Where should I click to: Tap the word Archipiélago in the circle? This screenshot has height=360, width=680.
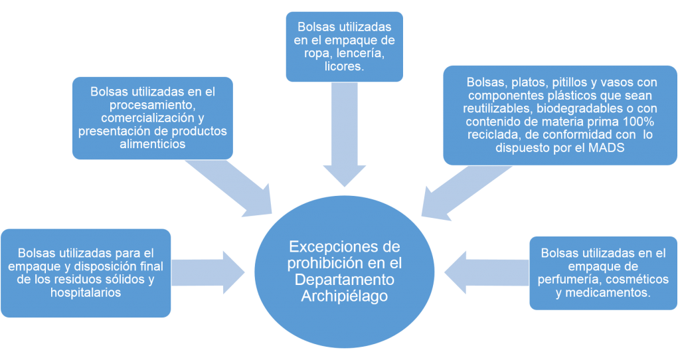pos(345,294)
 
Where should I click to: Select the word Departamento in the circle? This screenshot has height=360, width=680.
pos(345,278)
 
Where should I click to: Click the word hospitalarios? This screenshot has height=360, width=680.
pos(86,292)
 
